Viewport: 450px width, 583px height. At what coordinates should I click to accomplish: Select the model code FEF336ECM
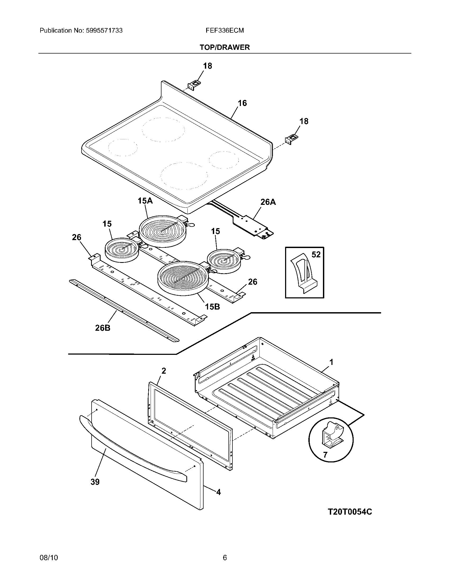click(224, 30)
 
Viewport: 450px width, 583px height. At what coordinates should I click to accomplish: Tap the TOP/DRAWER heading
click(225, 47)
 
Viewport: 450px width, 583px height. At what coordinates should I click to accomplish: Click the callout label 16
click(242, 103)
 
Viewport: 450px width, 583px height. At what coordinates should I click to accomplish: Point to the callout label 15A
click(145, 201)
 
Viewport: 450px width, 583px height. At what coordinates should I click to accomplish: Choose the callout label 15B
click(212, 307)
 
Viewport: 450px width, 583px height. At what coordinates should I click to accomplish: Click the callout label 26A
click(268, 202)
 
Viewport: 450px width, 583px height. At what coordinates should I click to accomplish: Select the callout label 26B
click(103, 328)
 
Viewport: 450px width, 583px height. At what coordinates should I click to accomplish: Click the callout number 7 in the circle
click(325, 454)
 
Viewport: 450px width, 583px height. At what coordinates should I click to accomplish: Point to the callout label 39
click(95, 482)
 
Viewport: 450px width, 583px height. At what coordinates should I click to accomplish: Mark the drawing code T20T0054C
click(349, 512)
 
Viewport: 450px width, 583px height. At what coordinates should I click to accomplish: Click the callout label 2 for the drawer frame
click(164, 370)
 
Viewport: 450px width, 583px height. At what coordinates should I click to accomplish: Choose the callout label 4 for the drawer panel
click(218, 492)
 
